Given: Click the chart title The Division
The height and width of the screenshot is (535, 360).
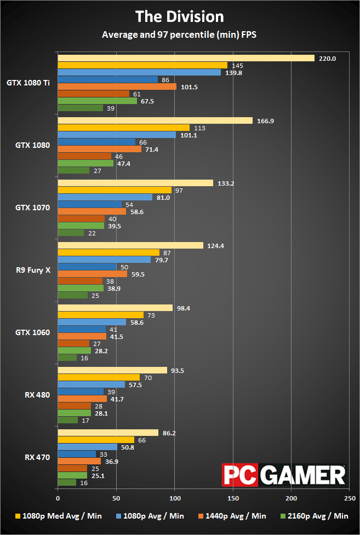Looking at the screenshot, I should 180,16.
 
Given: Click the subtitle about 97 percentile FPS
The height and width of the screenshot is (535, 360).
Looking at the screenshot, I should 180,35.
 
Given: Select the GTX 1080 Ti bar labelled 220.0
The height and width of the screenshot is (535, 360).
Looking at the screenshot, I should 186,58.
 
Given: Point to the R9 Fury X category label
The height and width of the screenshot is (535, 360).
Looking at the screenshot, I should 33,270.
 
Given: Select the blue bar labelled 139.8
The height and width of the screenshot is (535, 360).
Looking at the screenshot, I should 139,72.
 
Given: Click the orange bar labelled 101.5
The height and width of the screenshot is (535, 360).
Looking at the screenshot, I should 117,87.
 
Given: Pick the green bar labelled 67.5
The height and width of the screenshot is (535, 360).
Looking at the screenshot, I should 97,101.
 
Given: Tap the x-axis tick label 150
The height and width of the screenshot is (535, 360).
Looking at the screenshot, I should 233,499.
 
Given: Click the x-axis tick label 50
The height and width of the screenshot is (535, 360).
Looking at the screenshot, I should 116,499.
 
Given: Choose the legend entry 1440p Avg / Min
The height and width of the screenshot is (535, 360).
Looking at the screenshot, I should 237,515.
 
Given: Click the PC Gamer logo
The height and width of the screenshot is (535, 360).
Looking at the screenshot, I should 283,474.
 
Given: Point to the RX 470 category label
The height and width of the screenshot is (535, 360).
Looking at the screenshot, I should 37,457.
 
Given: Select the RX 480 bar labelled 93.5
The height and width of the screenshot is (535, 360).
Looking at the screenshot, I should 112,370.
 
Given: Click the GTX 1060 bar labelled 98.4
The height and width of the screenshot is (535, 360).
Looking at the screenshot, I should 115,308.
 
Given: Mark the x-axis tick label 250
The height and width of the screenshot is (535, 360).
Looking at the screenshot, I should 350,499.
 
